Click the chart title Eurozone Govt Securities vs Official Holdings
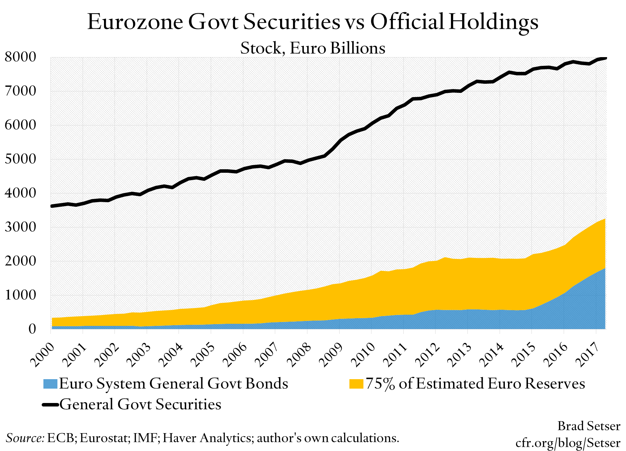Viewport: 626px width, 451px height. click(313, 22)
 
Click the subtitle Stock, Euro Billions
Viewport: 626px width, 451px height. click(313, 48)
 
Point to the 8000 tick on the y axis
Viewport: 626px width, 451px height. click(20, 57)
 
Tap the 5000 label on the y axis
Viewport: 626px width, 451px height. click(20, 159)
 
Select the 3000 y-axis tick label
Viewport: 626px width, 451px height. click(20, 227)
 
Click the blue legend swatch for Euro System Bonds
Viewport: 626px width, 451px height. click(50, 384)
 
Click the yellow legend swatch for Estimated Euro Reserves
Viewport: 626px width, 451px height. click(356, 384)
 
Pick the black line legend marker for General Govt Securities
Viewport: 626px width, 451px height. click(50, 405)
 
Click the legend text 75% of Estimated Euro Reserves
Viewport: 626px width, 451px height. click(475, 384)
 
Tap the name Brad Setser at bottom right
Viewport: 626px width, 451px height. click(589, 426)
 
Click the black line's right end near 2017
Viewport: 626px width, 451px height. click(605, 58)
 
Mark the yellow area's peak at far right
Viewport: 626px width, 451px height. click(605, 220)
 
